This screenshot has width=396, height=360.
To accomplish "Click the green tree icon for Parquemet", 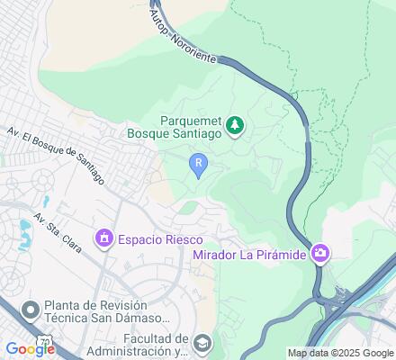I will (236, 125).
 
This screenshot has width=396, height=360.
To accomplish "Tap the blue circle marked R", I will (198, 162).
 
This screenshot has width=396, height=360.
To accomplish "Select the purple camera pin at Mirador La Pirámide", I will (320, 254).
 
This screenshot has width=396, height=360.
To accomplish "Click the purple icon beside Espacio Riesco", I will (104, 238).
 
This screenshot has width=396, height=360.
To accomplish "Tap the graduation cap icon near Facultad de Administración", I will (203, 343).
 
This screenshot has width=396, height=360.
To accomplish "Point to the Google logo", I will (29, 350).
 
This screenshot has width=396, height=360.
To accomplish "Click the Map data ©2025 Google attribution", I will (340, 353).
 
